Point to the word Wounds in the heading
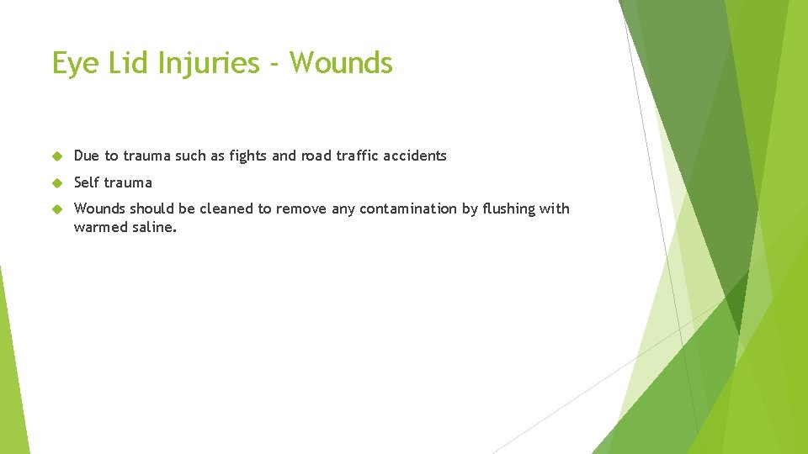[x=341, y=63]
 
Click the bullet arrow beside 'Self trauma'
[x=57, y=182]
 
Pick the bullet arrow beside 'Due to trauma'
[x=57, y=156]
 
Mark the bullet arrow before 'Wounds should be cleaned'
[x=57, y=209]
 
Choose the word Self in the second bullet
[x=88, y=182]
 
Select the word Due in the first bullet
[x=87, y=156]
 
